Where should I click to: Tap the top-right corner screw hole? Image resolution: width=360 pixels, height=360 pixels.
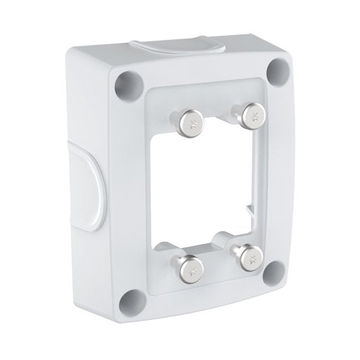(x=280, y=70)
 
